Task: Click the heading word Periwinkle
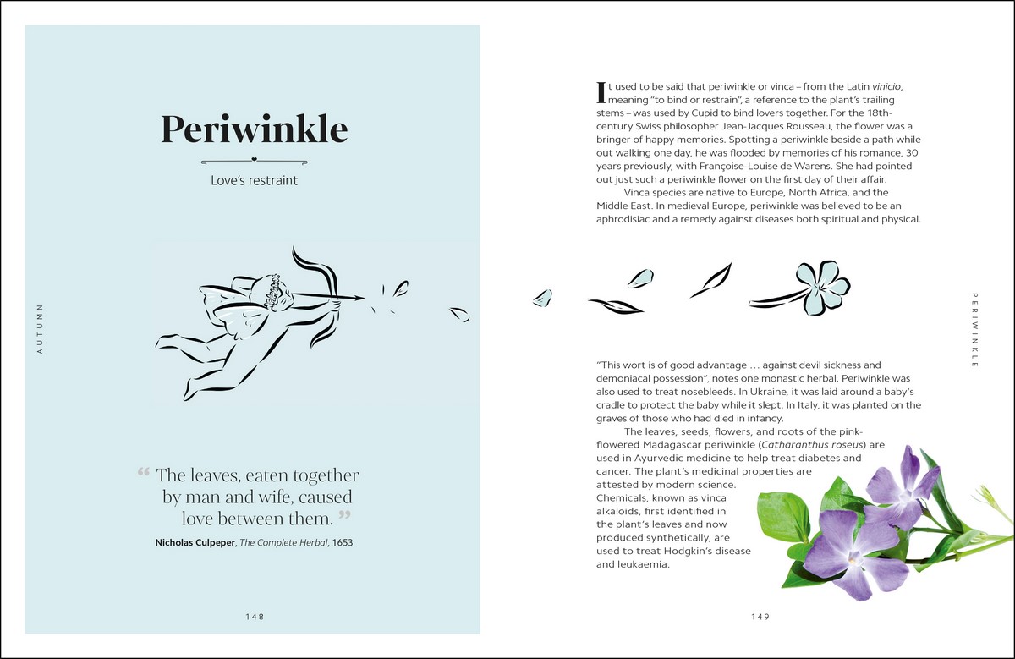pos(254,129)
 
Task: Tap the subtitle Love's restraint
pos(254,180)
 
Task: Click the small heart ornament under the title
pos(254,159)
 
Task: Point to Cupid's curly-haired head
pos(272,291)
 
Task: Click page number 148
pos(254,617)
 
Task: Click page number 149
pos(760,617)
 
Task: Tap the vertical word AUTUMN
pos(40,327)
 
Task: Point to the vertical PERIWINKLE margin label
pos(975,330)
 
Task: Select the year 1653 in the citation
pos(341,542)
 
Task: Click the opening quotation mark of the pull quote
pos(143,472)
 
